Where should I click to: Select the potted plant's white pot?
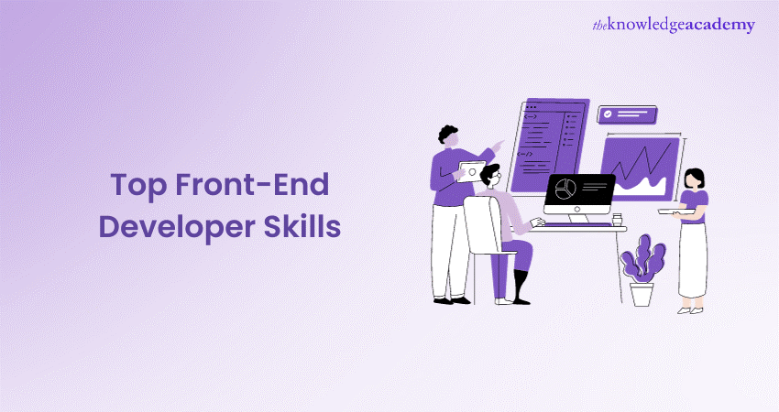point(642,293)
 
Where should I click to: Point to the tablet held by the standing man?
point(471,169)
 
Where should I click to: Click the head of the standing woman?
point(694,176)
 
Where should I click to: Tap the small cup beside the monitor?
point(617,219)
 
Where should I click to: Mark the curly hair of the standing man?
point(447,134)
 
